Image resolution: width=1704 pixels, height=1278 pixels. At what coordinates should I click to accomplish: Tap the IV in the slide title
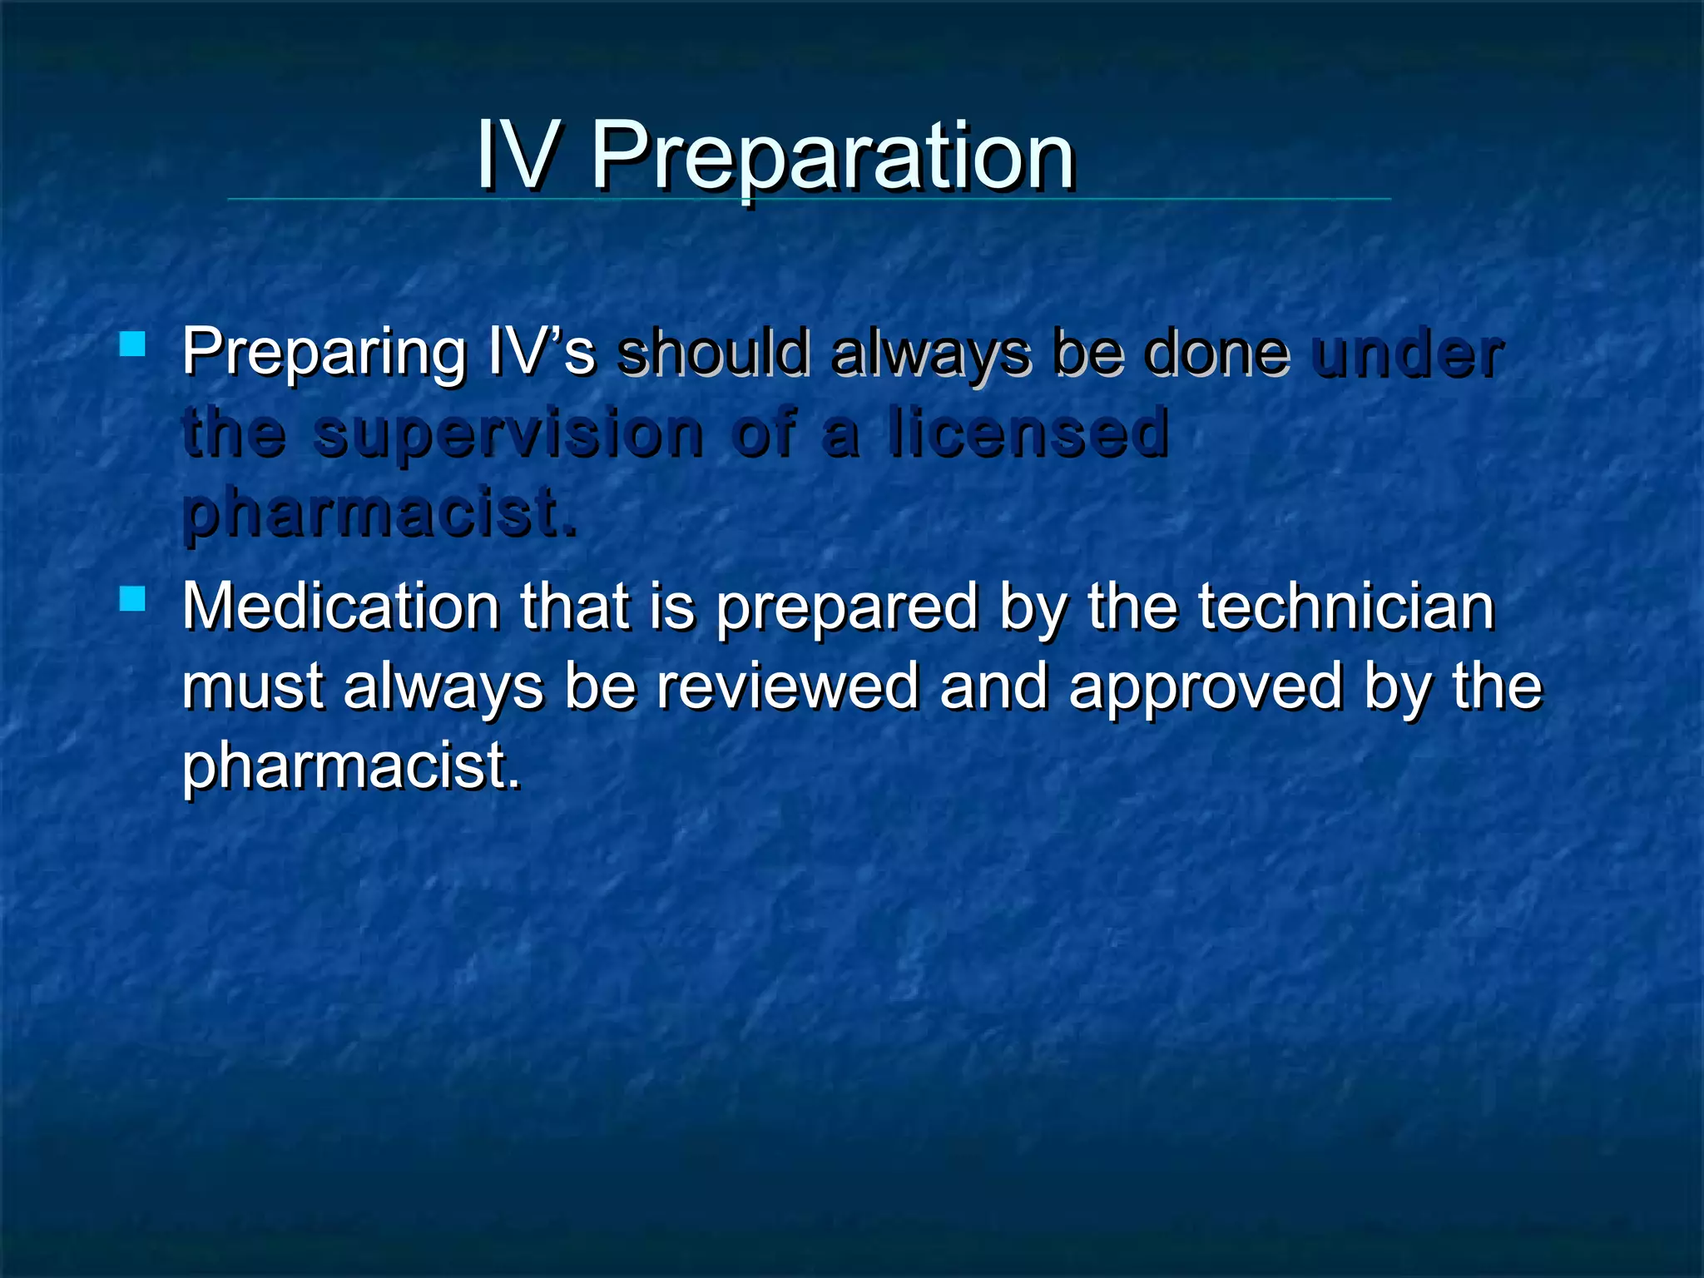click(516, 156)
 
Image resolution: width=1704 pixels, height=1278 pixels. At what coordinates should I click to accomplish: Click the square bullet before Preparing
click(132, 344)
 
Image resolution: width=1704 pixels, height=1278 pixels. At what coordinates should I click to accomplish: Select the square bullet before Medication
click(132, 598)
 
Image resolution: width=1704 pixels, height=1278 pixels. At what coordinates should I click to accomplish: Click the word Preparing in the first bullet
click(324, 354)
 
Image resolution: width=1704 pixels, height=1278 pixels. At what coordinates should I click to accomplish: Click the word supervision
click(509, 434)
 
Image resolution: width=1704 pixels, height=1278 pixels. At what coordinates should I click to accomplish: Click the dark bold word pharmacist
click(379, 513)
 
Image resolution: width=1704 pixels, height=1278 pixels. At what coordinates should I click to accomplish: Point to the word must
click(253, 687)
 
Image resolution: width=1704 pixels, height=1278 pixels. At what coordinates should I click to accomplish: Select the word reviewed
click(787, 686)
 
